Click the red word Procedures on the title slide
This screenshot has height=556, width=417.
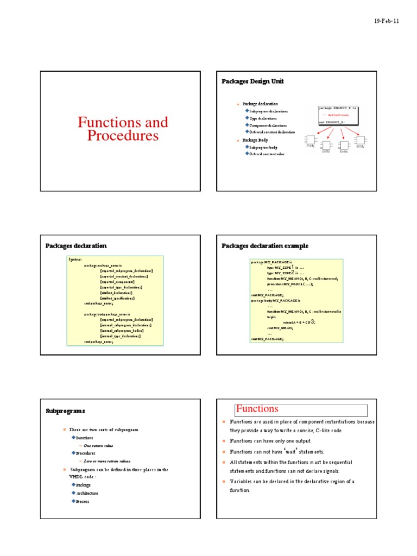[x=123, y=136]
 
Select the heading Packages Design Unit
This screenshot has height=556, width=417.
[x=252, y=81]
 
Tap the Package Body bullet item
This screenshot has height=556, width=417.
[x=255, y=140]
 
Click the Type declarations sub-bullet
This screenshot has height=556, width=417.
[x=263, y=118]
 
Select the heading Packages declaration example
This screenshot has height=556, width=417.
[x=265, y=246]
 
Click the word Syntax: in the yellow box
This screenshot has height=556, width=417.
[x=75, y=260]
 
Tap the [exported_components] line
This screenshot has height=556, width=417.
[x=117, y=282]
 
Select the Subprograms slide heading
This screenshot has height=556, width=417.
[x=65, y=411]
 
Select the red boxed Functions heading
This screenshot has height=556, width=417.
[x=257, y=409]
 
